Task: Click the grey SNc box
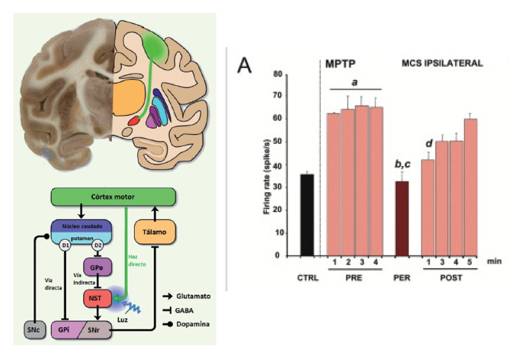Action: tap(32, 330)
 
